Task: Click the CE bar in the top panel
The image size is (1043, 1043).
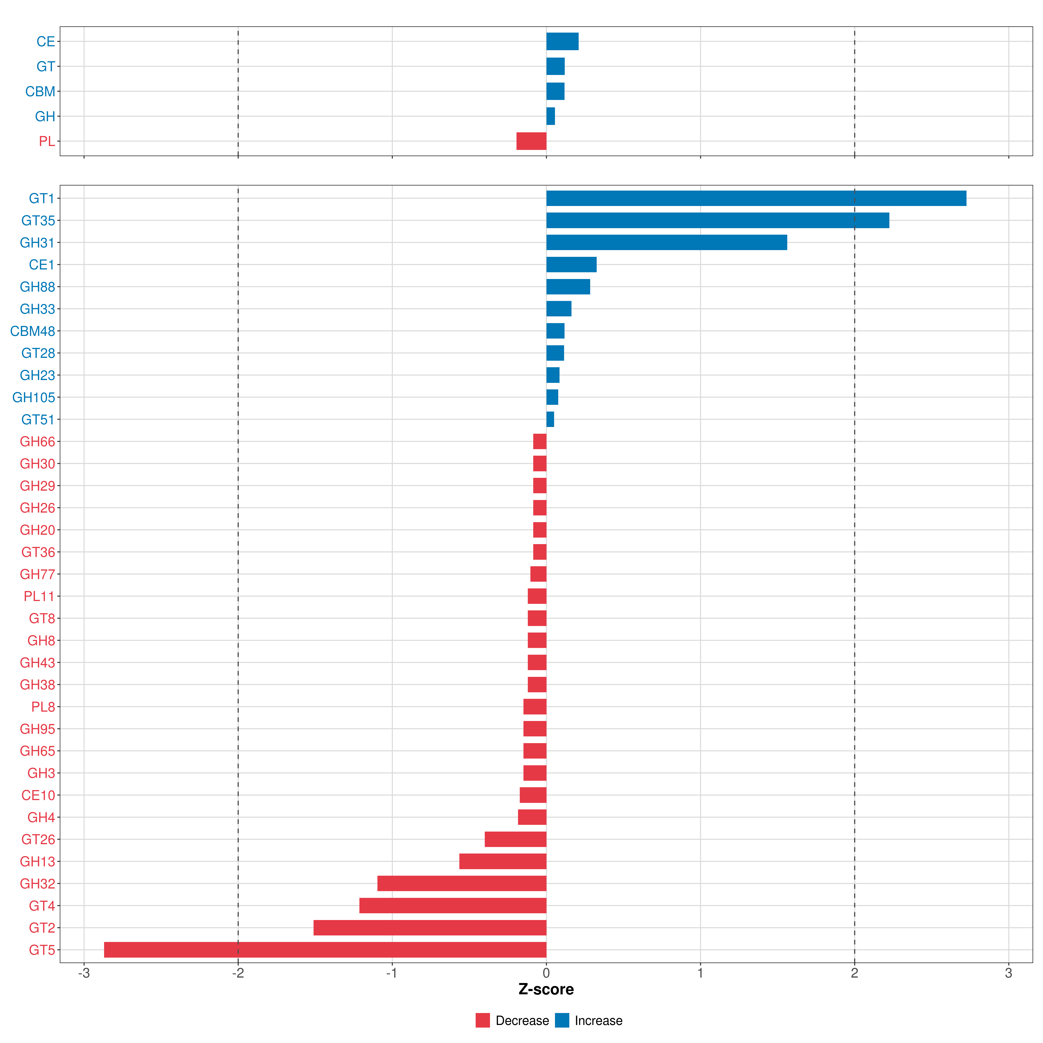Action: tap(562, 42)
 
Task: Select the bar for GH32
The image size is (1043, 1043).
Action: tap(462, 884)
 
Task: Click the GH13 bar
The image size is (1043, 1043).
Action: tap(503, 862)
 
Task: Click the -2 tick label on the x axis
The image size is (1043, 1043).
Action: tap(238, 973)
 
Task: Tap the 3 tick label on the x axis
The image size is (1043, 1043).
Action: tap(1008, 973)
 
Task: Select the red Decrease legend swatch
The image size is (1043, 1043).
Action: tap(483, 1020)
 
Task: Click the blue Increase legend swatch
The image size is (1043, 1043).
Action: tap(562, 1020)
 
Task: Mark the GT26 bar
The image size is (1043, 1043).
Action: tap(516, 839)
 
